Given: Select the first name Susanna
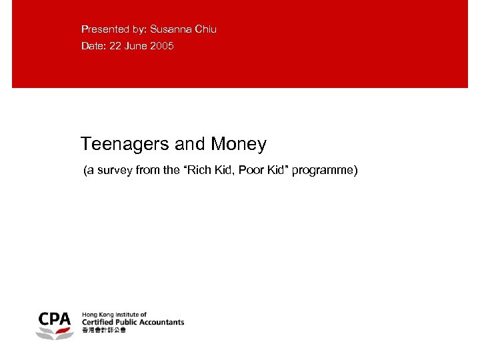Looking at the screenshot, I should [x=171, y=29].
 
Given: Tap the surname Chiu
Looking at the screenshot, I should [x=205, y=29].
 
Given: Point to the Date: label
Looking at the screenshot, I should [x=93, y=46].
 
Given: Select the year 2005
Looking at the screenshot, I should [x=162, y=46].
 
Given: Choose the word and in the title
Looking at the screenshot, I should [x=192, y=144].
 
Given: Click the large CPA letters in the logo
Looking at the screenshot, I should [x=54, y=319].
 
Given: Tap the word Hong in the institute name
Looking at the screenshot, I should [x=89, y=314].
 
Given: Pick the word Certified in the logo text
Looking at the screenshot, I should [x=95, y=322].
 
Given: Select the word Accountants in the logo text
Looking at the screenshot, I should [x=161, y=322].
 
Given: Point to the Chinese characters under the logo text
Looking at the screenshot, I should [x=103, y=330].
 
